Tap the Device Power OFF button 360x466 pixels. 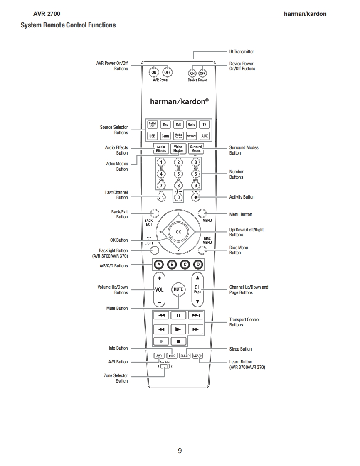pyautogui.click(x=202, y=73)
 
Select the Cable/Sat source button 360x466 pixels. pyautogui.click(x=153, y=125)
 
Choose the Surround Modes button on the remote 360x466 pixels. pyautogui.click(x=196, y=149)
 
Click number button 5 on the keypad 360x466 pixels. pyautogui.click(x=178, y=174)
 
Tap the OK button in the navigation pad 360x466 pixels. pyautogui.click(x=178, y=232)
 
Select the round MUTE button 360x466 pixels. pyautogui.click(x=178, y=289)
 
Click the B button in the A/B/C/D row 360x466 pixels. pyautogui.click(x=172, y=264)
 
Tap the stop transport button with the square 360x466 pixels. pyautogui.click(x=178, y=341)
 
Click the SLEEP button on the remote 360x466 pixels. pyautogui.click(x=185, y=356)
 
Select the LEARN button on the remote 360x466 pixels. pyautogui.click(x=198, y=356)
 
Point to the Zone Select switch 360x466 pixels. pyautogui.click(x=165, y=366)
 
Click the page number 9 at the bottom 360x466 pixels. pyautogui.click(x=180, y=451)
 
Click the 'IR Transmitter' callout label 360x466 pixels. pyautogui.click(x=242, y=52)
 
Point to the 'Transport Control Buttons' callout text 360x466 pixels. pyautogui.click(x=244, y=322)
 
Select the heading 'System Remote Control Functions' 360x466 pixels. pyautogui.click(x=68, y=25)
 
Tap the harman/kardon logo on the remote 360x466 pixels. pyautogui.click(x=179, y=101)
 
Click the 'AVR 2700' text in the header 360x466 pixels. pyautogui.click(x=47, y=14)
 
